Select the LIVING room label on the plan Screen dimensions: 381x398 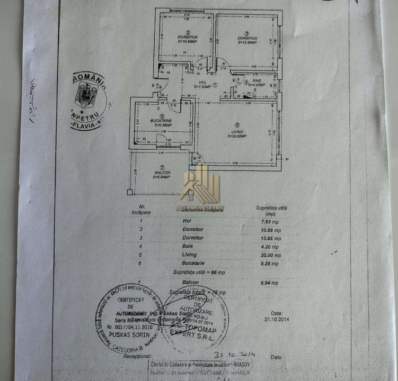tap(237, 132)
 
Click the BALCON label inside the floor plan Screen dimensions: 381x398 tap(162, 173)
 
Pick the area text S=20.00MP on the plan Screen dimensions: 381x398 tap(237, 137)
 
